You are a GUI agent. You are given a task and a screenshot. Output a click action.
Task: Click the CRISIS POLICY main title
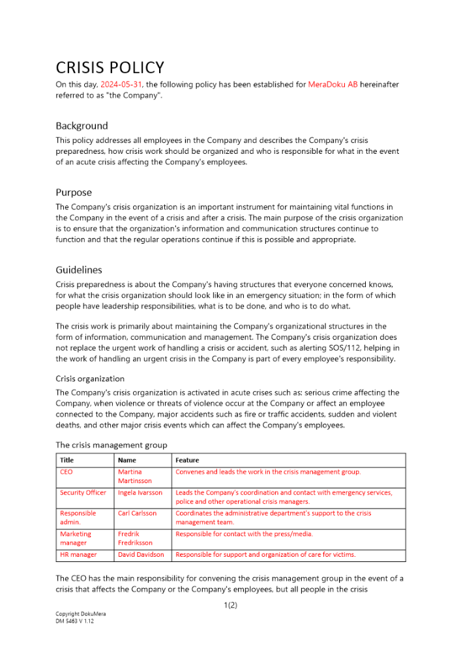pos(110,68)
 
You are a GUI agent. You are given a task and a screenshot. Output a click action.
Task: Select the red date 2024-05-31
pos(121,85)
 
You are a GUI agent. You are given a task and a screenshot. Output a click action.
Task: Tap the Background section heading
pos(82,126)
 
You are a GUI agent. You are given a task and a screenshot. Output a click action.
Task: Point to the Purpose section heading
pos(74,192)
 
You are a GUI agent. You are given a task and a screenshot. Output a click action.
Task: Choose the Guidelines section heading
pos(79,270)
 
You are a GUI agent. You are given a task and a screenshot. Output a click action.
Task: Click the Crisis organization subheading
pos(90,379)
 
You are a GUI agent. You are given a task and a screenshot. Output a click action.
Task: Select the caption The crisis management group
pos(111,445)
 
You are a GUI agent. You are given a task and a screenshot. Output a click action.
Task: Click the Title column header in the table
pos(67,460)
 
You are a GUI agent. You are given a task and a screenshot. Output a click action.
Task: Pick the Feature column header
pos(187,460)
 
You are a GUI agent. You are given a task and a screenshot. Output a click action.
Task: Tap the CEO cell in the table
pos(67,471)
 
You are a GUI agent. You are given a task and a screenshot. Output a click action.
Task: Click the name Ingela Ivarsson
pos(140,493)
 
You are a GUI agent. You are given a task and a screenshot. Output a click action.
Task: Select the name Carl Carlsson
pos(137,513)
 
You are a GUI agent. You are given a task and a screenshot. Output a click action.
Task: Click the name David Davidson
pos(141,555)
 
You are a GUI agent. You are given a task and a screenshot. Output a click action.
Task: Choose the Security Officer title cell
pos(83,493)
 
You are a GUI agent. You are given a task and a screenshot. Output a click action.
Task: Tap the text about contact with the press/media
pos(244,534)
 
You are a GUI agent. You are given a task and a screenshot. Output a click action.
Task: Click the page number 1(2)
pos(230,606)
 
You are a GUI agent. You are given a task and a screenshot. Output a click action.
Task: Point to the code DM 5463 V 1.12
pos(76,621)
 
